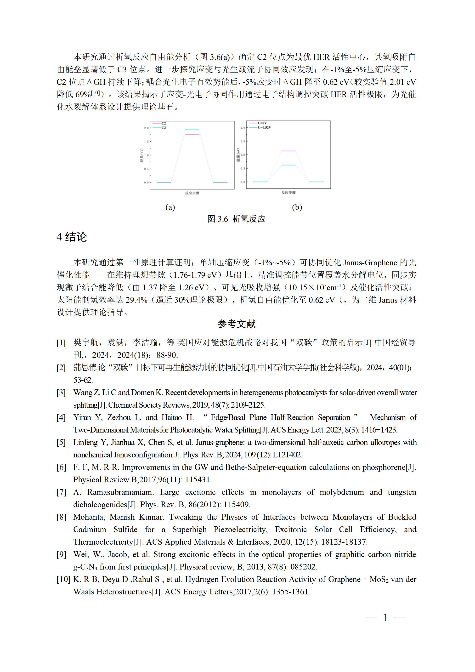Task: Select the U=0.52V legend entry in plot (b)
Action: [x=264, y=128]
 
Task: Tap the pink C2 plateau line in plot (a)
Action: [x=192, y=134]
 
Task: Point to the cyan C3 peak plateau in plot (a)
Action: [x=192, y=130]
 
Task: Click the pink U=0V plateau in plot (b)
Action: [x=288, y=151]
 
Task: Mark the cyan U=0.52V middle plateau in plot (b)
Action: [x=288, y=165]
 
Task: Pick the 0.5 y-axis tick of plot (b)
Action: [x=243, y=169]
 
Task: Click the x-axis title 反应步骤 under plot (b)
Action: [x=288, y=193]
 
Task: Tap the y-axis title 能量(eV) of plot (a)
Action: [x=142, y=155]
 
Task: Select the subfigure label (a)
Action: [x=170, y=207]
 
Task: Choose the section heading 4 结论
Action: [x=72, y=237]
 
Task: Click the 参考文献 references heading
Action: [x=237, y=324]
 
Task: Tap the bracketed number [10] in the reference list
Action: [x=63, y=579]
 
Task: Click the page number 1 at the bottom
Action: [x=385, y=618]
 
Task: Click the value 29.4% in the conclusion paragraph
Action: [x=137, y=300]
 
